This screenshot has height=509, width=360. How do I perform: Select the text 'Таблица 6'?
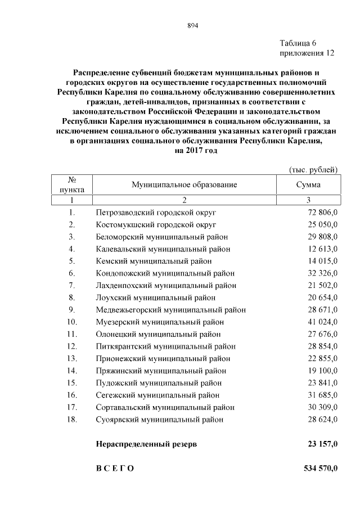299,43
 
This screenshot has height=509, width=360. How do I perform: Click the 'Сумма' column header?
308,184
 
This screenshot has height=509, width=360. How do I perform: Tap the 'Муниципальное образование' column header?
184,184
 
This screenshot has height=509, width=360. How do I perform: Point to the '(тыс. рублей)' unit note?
313,169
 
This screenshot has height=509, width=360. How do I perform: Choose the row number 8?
72,298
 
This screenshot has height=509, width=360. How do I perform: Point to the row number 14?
71,371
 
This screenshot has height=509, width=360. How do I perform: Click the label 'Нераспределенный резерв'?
146,444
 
